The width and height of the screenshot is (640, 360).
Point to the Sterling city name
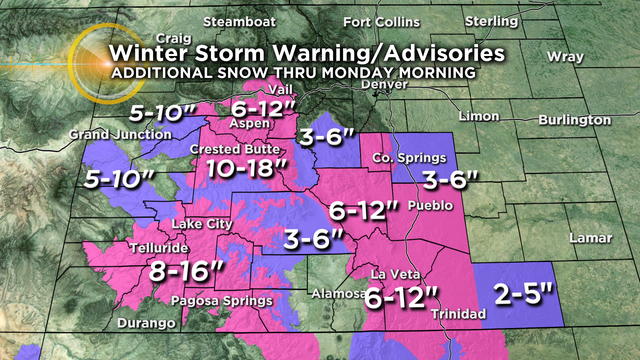tap(492, 20)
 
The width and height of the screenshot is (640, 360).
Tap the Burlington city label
tap(573, 119)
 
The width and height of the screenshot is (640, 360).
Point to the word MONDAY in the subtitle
tap(367, 74)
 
